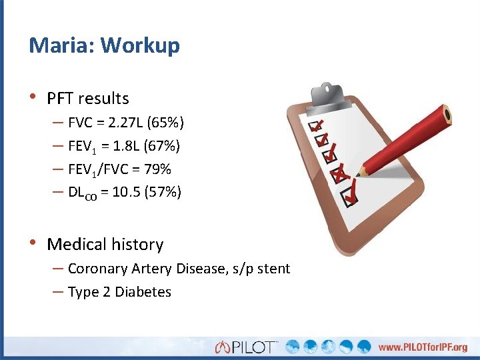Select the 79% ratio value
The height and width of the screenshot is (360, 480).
coord(157,169)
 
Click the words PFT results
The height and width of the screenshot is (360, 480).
coord(88,99)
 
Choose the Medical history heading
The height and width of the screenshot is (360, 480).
coord(105,245)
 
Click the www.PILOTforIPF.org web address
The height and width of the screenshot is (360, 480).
coord(423,347)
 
